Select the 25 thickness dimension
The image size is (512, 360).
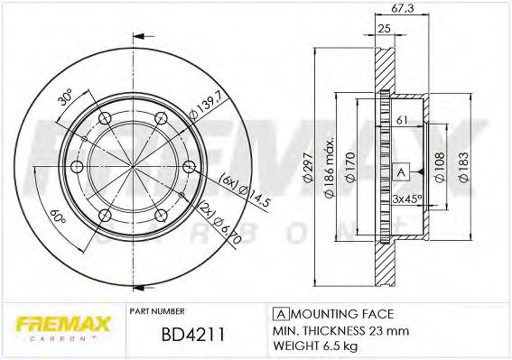tap(383, 30)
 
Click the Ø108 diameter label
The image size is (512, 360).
tap(438, 166)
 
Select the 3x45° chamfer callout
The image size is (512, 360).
tap(406, 198)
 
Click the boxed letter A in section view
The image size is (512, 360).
tap(400, 171)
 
